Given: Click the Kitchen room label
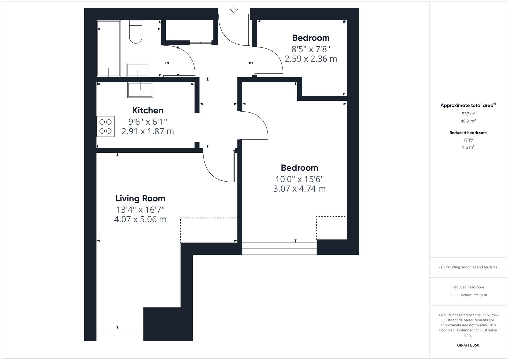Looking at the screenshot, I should point(148,110).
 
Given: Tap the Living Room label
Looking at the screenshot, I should point(140,198).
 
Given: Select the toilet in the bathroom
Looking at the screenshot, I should point(136,32).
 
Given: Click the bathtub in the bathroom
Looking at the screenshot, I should point(109,49).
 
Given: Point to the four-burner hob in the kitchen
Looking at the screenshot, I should point(106,126).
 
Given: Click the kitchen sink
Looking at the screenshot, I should point(140,90).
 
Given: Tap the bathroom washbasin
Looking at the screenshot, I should point(137,70).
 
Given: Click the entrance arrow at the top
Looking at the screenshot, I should point(234,10).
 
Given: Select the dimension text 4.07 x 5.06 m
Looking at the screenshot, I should point(140,219).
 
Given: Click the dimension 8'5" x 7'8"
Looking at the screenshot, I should point(311,49).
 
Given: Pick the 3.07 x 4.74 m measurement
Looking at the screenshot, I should point(299,189).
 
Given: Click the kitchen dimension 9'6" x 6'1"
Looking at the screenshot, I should point(148,122).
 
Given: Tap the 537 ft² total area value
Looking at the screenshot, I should point(468,114).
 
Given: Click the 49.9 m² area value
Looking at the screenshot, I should point(468,121).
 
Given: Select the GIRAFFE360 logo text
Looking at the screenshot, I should point(468,345).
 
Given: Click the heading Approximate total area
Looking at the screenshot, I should point(467,105).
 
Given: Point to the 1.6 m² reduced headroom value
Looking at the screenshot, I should point(468,147).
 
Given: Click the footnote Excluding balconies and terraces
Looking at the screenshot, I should point(468,267).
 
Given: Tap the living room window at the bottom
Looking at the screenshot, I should point(120,335).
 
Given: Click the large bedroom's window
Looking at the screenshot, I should point(279,249).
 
